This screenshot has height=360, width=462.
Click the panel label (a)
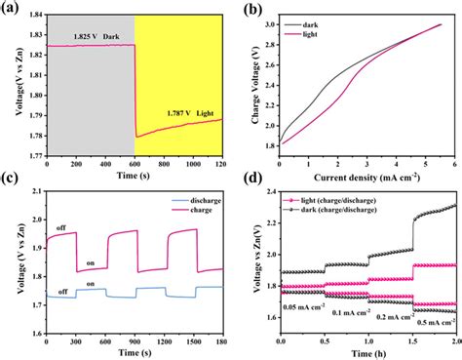(x=12, y=9)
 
